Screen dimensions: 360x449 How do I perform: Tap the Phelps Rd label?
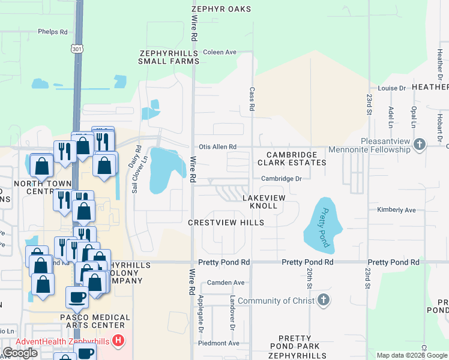tap(52, 32)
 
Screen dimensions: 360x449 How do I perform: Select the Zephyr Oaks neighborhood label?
tap(221, 9)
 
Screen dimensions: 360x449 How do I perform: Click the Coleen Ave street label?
tap(220, 52)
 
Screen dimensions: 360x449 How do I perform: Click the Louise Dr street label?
tap(392, 88)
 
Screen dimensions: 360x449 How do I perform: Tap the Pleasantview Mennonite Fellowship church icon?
tap(420, 144)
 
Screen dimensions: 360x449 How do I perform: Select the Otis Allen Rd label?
tap(217, 146)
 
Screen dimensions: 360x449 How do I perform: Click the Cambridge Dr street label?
tap(281, 178)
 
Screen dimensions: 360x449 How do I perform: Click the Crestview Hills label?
tap(226, 223)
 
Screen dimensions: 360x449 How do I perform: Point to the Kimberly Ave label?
tap(396, 210)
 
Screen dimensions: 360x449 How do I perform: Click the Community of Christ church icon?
tap(323, 300)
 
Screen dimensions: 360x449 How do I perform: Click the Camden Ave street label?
tap(226, 282)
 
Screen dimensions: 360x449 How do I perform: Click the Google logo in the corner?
tap(20, 353)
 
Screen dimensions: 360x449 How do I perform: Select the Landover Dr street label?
tap(231, 312)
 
